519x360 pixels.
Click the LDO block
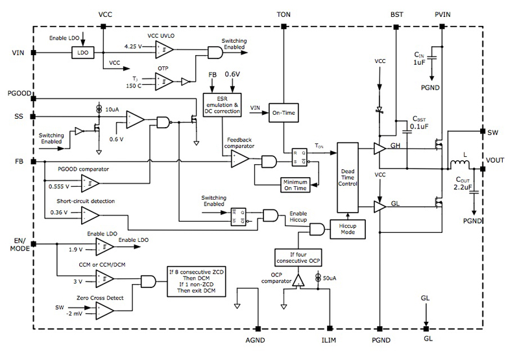[82, 51]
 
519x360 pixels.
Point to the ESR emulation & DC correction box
[223, 104]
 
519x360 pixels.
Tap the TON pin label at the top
[284, 14]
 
